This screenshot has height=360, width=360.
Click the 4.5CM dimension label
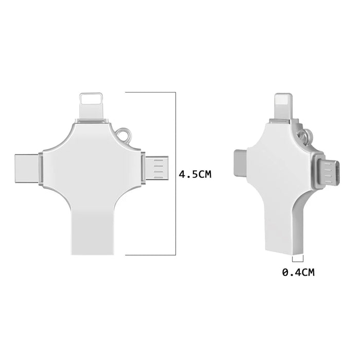point(195,174)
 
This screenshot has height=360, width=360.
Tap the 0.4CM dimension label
point(298,272)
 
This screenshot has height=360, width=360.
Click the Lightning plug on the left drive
point(91,105)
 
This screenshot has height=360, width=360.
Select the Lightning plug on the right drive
point(284,106)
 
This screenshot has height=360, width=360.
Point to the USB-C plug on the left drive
point(27,169)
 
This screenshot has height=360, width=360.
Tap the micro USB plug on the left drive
point(157,168)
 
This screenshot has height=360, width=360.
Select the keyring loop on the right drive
point(305,135)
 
